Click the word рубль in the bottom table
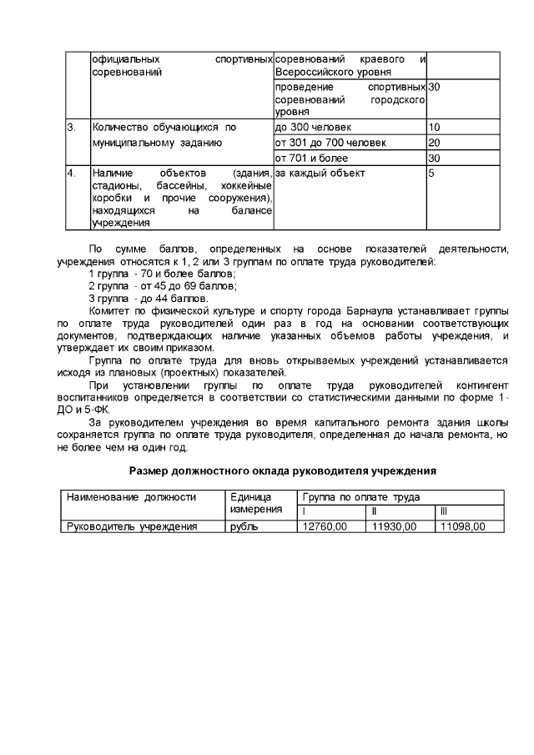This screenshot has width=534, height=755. [244, 526]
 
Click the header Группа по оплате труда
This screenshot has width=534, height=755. [361, 497]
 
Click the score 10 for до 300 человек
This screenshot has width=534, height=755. [434, 127]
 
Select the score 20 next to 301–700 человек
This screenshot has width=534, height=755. [434, 143]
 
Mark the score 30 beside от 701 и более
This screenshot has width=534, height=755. [434, 159]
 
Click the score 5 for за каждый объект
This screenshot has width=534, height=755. [431, 174]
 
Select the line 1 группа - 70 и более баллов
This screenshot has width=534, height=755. [162, 274]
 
